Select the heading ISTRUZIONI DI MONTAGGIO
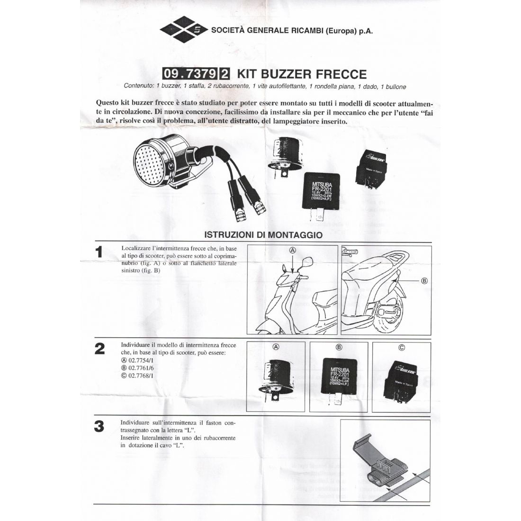pos(263,234)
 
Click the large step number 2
pos(99,349)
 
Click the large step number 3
pos(99,426)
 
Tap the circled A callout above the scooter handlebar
pos(293,250)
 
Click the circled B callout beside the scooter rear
pos(424,280)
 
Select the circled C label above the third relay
pos(402,347)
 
